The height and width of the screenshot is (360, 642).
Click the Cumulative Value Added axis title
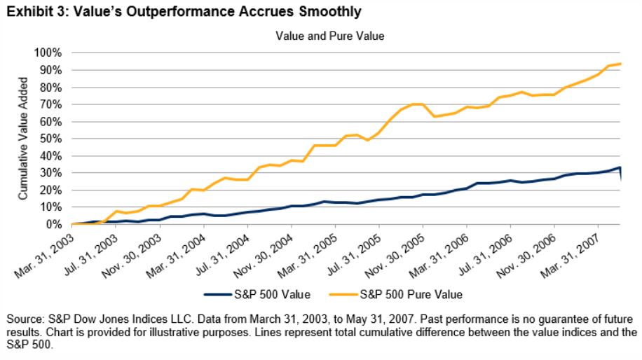pos(23,139)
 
